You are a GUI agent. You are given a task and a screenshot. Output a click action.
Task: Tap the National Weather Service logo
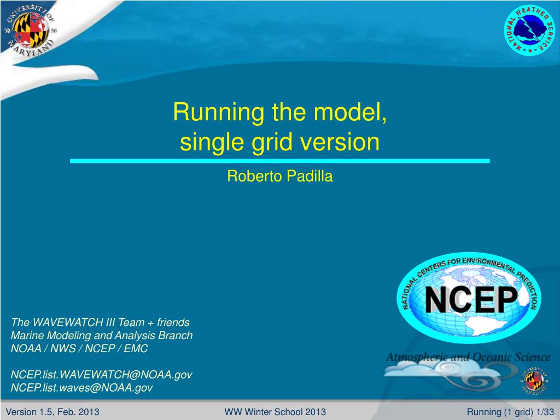click(529, 30)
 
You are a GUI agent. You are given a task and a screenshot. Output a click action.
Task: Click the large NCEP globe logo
click(469, 297)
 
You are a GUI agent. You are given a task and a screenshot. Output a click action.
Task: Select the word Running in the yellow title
click(219, 113)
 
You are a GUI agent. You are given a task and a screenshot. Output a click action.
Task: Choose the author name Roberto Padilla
click(279, 176)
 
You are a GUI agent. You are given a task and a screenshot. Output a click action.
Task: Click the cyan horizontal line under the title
click(279, 161)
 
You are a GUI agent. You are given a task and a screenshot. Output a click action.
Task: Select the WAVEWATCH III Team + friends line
click(100, 322)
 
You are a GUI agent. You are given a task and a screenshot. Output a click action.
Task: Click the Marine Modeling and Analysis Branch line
click(102, 335)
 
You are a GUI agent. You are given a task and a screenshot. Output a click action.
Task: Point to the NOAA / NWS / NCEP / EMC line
click(79, 348)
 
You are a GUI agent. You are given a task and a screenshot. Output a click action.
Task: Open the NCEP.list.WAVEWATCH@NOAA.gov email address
click(102, 375)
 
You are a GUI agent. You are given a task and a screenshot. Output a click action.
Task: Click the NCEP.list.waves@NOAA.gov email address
click(82, 388)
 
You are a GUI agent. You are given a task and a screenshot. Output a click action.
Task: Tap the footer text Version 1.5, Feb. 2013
click(52, 412)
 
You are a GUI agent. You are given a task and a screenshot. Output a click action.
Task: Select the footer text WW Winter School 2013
click(275, 412)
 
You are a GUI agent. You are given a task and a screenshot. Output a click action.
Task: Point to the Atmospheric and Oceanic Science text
click(468, 357)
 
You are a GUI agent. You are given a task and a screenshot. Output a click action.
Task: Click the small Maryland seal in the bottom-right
click(534, 381)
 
